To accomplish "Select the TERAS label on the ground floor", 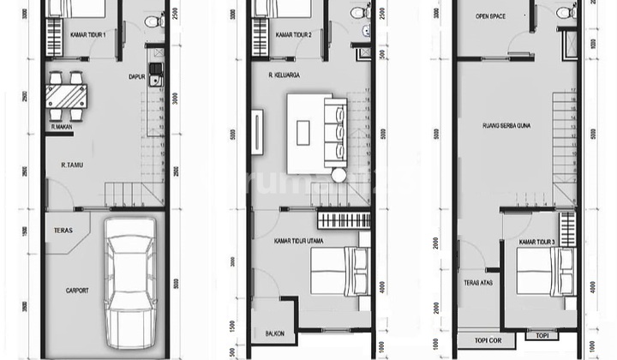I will point(63,230).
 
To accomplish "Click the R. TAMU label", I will point(72,162).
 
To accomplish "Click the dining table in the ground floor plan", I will point(66,94).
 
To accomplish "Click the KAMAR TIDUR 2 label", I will point(293,35).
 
